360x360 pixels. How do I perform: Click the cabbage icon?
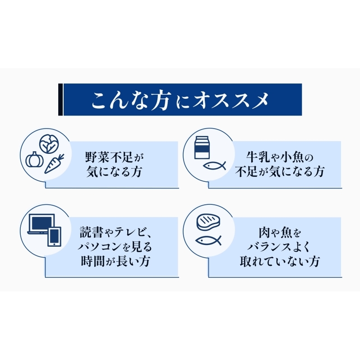coord(49,144)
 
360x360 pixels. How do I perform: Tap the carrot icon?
coord(54,163)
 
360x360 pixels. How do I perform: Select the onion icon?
coord(34,159)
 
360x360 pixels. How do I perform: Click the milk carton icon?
coord(202,148)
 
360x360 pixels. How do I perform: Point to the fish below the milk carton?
coord(214,166)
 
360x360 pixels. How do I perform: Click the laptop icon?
coord(42,224)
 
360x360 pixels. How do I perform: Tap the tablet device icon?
coord(55,237)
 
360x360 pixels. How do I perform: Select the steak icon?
coord(208,222)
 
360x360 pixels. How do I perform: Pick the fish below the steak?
coord(208,240)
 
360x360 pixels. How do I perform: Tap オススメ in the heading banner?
coord(231,100)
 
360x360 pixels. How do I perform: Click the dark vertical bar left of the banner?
coord(60,99)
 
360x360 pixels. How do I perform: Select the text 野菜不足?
coord(109,157)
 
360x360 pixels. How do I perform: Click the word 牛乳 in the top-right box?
coord(258,157)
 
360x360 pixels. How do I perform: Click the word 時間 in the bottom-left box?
coord(93,261)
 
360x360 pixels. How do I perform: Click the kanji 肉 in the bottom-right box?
coord(265,232)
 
